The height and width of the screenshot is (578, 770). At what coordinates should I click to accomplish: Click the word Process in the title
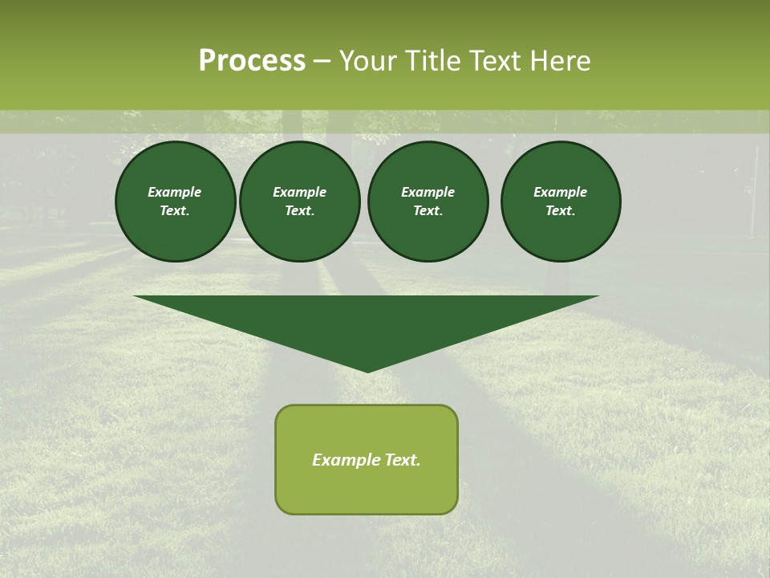click(x=252, y=61)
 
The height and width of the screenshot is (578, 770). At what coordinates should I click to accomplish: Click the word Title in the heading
click(x=433, y=61)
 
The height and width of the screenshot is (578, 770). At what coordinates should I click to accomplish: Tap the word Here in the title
click(x=558, y=61)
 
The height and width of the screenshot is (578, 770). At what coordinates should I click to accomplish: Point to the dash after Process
click(x=322, y=62)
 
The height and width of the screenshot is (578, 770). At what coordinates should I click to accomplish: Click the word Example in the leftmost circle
click(x=175, y=192)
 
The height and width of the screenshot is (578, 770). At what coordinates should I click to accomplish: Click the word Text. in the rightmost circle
click(x=561, y=211)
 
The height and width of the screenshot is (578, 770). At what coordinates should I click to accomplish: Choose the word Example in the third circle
click(x=428, y=192)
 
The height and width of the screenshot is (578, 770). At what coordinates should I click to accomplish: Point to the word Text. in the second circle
click(x=300, y=211)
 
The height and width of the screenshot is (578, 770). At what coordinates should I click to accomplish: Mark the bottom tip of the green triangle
click(x=367, y=370)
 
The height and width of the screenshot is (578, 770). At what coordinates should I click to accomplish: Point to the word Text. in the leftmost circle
click(x=175, y=211)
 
